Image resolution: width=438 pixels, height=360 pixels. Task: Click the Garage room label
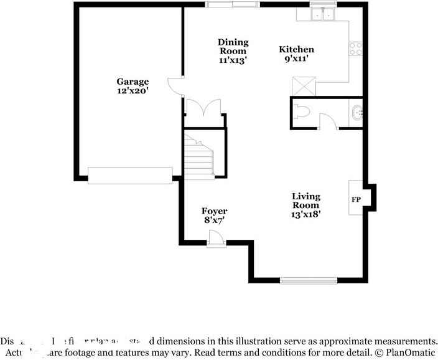133,82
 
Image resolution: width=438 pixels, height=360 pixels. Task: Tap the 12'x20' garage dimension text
133,91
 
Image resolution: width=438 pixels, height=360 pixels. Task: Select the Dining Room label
233,47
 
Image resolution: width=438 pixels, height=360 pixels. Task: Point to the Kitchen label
296,50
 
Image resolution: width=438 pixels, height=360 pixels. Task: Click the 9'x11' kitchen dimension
296,60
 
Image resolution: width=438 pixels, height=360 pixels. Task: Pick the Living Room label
306,201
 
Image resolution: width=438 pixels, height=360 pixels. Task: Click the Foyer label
214,211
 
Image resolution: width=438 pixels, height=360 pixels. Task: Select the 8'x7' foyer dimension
214,220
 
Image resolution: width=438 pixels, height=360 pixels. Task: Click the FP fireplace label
356,200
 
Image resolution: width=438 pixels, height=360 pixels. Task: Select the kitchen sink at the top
324,14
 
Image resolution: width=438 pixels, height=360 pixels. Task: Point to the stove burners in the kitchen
356,49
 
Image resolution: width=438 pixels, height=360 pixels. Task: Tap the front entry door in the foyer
215,239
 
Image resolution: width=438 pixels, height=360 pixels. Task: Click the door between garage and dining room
176,86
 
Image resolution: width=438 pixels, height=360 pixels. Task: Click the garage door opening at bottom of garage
130,176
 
